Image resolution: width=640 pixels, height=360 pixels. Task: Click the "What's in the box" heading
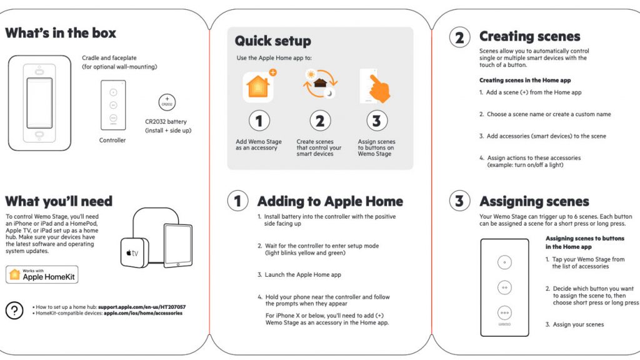61,33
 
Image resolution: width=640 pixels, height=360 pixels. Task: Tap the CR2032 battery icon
167,102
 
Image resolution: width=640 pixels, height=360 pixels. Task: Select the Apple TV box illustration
134,252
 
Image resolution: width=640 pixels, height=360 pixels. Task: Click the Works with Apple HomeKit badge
42,275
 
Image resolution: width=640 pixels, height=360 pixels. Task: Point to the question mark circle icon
14,310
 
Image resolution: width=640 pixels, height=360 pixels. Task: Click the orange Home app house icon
258,87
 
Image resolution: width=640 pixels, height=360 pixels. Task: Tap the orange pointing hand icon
376,87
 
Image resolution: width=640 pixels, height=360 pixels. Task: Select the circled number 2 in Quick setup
319,121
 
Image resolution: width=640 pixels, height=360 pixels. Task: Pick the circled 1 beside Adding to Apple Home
237,201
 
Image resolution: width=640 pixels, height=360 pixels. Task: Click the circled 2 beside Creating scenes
459,37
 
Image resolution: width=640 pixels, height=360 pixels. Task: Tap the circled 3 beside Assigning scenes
459,201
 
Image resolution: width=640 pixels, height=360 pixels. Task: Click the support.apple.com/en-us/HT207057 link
141,307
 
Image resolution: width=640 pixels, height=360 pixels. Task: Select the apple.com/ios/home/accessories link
142,313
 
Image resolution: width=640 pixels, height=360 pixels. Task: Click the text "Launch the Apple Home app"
299,274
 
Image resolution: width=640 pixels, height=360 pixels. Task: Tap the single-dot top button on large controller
505,262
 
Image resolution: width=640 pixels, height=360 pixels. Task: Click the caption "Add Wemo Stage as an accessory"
256,145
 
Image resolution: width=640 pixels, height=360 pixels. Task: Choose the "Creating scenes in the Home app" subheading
524,80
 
